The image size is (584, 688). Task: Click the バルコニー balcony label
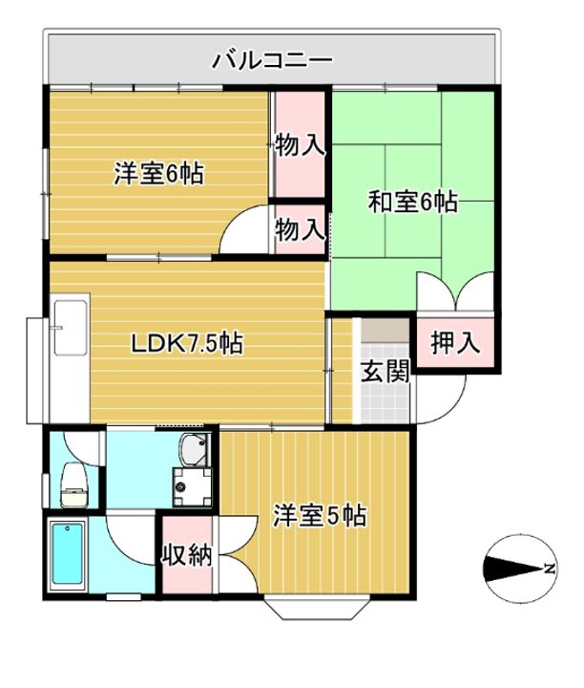pos(272,61)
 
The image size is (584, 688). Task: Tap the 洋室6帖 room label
pos(159,173)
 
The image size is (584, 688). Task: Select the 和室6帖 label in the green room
pos(412,203)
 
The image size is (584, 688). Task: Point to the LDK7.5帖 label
pos(187,344)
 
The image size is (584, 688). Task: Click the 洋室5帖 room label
pos(320,515)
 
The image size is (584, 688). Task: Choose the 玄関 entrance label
pos(386,372)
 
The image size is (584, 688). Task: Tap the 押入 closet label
pos(455,343)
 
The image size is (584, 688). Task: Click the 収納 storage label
pos(188,555)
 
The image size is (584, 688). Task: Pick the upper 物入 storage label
pos(300,145)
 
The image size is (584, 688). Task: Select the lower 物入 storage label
pos(300,229)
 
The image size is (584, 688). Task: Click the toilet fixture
pos(74,485)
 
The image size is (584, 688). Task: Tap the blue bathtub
pos(68,554)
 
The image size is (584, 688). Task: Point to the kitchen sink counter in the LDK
pos(70,328)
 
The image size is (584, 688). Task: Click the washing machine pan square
pos(192,487)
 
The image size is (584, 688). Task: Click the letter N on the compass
pos(549,570)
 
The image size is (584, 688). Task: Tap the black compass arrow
pos(513,570)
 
